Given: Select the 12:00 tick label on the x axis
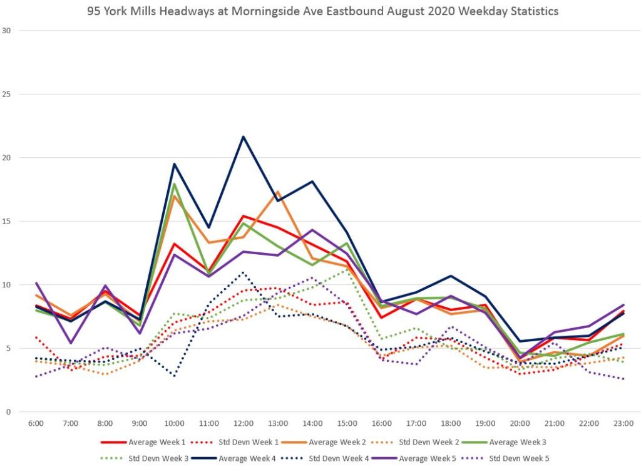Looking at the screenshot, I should point(244,423).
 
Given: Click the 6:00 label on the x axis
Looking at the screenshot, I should point(36,423).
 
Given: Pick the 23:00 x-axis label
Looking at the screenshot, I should point(623,423).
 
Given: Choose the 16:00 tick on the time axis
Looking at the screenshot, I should point(382,423).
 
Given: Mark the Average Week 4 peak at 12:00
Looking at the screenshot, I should point(244,137).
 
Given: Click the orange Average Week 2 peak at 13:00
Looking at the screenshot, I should point(278,192).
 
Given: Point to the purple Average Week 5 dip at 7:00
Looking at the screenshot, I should point(71,343).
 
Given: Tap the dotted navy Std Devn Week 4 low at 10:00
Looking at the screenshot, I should point(174,376).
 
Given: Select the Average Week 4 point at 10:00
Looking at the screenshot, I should point(174,164).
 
